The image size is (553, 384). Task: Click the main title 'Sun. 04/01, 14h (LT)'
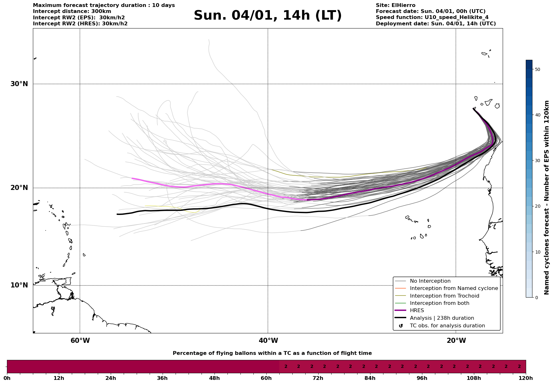(x=268, y=16)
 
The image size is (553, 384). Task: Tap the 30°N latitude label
(x=19, y=84)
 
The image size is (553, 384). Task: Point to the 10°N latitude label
(x=19, y=285)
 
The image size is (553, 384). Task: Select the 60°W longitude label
(x=80, y=341)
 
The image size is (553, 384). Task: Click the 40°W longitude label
(x=268, y=341)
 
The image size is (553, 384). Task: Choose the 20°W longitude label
(x=456, y=341)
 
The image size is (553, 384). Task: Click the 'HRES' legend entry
(x=417, y=311)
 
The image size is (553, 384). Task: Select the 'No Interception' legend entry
(x=430, y=281)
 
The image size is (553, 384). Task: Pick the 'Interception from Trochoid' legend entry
(x=444, y=296)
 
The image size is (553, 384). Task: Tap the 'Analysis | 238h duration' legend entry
(x=442, y=318)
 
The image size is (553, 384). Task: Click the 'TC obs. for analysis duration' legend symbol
(x=401, y=326)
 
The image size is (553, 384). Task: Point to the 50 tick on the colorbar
(x=537, y=69)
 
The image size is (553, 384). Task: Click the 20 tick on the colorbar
(x=537, y=206)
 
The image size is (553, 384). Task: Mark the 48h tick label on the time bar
(x=214, y=378)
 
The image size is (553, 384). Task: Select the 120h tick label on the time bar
(x=525, y=378)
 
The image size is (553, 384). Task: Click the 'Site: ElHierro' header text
(x=395, y=5)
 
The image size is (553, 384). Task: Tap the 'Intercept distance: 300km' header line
(x=72, y=11)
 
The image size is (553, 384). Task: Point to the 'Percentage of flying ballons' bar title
(x=272, y=353)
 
